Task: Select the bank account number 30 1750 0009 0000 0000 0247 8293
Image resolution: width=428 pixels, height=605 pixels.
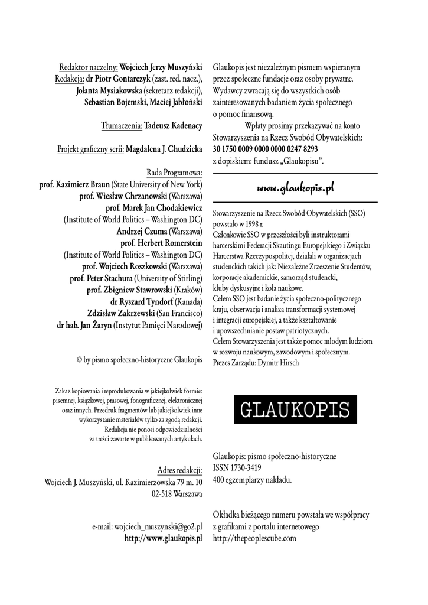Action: [x=265, y=148]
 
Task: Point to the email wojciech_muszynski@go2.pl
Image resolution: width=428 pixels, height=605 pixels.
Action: [x=158, y=526]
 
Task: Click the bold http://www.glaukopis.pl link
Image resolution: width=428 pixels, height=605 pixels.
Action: [x=164, y=538]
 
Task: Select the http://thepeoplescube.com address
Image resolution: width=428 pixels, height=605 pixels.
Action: [x=254, y=538]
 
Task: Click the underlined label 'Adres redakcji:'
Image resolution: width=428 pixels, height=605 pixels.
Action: [x=179, y=470]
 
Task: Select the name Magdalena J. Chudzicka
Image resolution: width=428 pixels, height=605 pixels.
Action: [x=164, y=149]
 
